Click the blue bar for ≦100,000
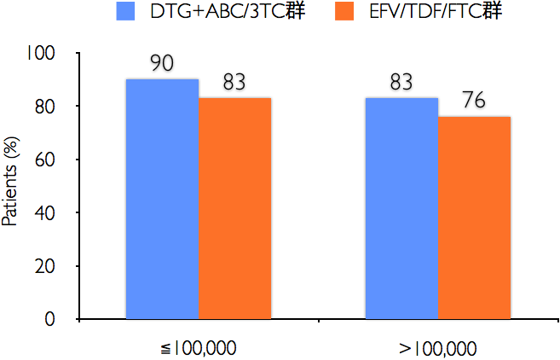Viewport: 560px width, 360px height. click(162, 199)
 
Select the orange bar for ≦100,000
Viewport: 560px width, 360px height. click(235, 208)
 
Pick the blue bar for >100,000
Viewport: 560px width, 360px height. click(401, 208)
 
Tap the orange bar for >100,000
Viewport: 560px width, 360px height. click(475, 218)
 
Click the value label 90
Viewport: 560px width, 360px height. click(162, 64)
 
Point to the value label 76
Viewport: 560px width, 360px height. click(474, 101)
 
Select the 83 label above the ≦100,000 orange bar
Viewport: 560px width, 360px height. click(235, 83)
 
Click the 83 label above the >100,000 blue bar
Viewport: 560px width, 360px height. click(401, 82)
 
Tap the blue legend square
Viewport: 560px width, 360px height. click(126, 12)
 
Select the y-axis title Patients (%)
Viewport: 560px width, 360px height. click(11, 185)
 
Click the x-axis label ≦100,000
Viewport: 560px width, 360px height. click(199, 347)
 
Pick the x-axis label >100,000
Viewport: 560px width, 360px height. click(438, 347)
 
